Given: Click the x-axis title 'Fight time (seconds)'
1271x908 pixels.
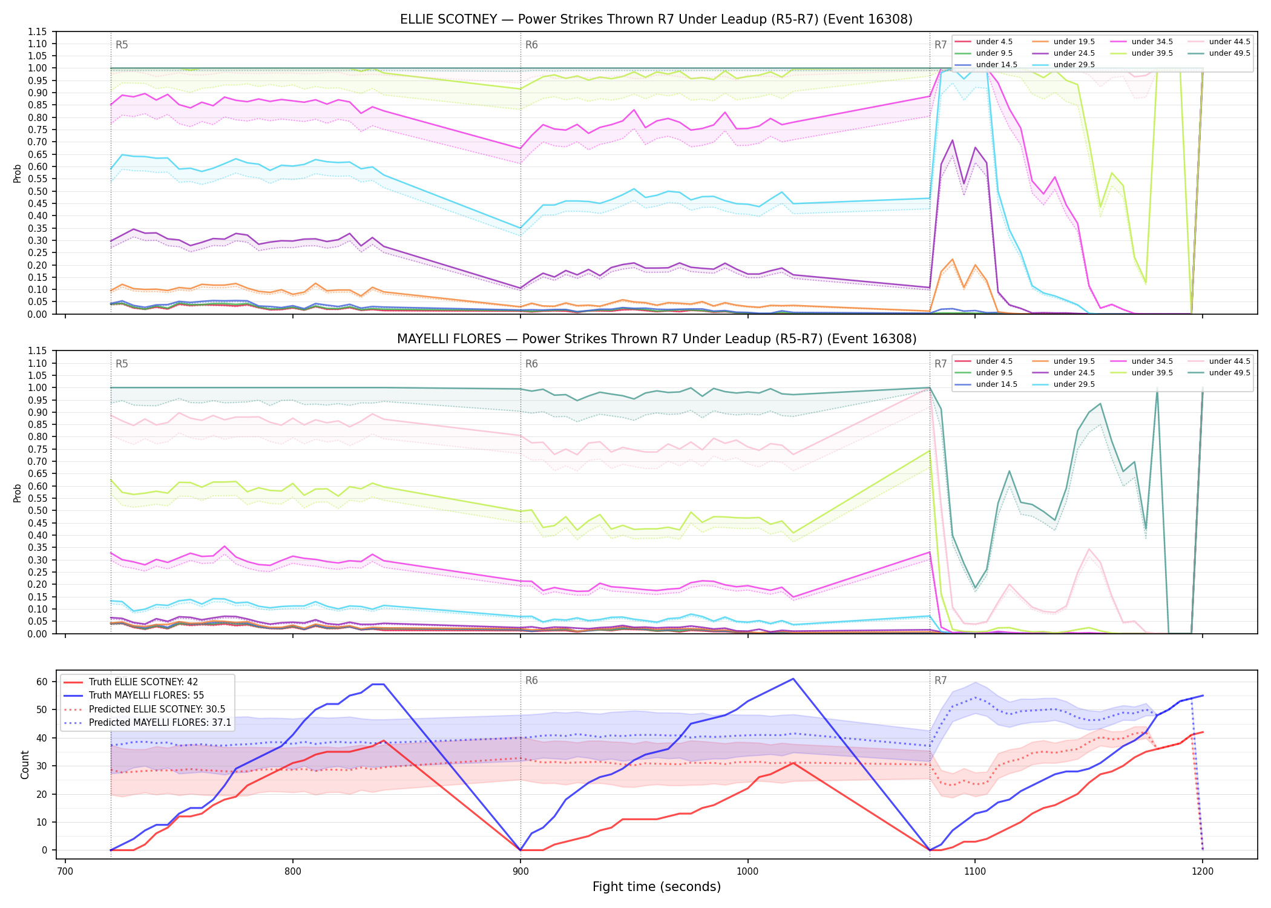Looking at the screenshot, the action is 657,887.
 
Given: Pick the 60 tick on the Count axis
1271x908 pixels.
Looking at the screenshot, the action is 42,682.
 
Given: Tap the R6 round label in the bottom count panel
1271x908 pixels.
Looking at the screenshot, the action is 531,680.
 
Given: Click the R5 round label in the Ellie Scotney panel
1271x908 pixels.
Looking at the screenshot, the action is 122,45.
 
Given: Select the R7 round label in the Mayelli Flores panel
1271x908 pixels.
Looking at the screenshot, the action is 941,364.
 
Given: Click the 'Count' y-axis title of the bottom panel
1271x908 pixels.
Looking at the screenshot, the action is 25,765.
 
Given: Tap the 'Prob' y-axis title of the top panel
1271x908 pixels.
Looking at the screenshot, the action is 18,174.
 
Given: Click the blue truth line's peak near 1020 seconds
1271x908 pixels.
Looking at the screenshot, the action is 793,679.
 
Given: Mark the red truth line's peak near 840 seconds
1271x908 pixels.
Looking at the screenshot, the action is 384,740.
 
